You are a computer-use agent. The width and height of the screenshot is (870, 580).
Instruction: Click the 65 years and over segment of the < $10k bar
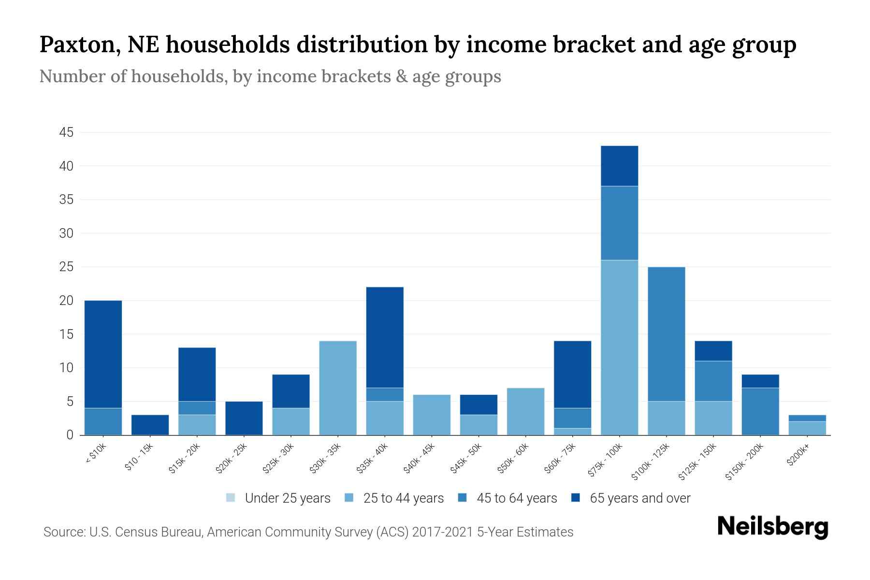point(103,354)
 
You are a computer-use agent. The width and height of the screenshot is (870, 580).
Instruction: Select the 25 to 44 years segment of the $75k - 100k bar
point(619,348)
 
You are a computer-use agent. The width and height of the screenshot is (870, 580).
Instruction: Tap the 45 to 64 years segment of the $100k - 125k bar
point(666,334)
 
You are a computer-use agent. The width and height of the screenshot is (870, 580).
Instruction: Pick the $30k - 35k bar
point(338,388)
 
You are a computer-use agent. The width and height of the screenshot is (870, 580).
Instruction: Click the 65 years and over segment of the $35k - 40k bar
point(385,337)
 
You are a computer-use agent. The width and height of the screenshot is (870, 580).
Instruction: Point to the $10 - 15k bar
point(150,425)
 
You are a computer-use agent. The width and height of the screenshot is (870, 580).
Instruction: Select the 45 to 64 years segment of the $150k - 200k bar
point(760,411)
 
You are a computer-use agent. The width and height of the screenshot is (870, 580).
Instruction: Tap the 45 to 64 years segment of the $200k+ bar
point(807,418)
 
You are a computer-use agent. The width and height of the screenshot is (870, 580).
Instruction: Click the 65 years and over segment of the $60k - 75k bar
point(572,375)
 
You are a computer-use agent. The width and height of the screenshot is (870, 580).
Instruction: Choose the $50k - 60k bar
point(525,411)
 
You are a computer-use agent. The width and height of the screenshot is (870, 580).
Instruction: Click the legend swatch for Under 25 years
point(231,498)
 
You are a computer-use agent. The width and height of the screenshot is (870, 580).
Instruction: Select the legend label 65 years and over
point(640,498)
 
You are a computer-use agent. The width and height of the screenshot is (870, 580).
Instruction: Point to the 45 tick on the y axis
point(67,132)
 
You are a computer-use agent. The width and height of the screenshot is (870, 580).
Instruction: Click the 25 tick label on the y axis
point(67,267)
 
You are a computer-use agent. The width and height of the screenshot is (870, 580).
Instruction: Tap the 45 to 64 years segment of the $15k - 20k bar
point(197,408)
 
